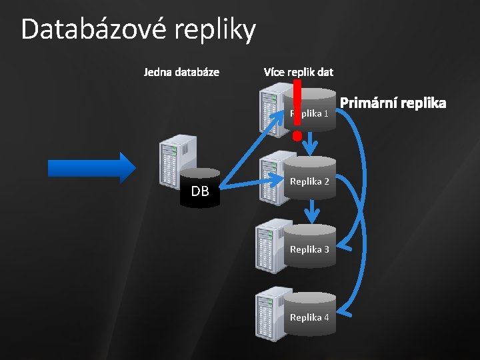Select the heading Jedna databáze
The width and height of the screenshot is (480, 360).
point(181,71)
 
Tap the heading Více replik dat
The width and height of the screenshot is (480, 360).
point(298,71)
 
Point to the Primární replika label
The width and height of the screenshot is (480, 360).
point(393,103)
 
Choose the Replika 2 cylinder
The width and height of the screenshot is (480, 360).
point(309,179)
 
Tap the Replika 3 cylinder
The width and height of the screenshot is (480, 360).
point(309,247)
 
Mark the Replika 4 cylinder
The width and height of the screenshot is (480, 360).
point(309,315)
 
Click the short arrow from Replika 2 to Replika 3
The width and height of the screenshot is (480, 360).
point(311,213)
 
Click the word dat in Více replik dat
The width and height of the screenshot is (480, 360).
point(325,71)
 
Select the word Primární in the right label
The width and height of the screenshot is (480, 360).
point(368,103)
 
